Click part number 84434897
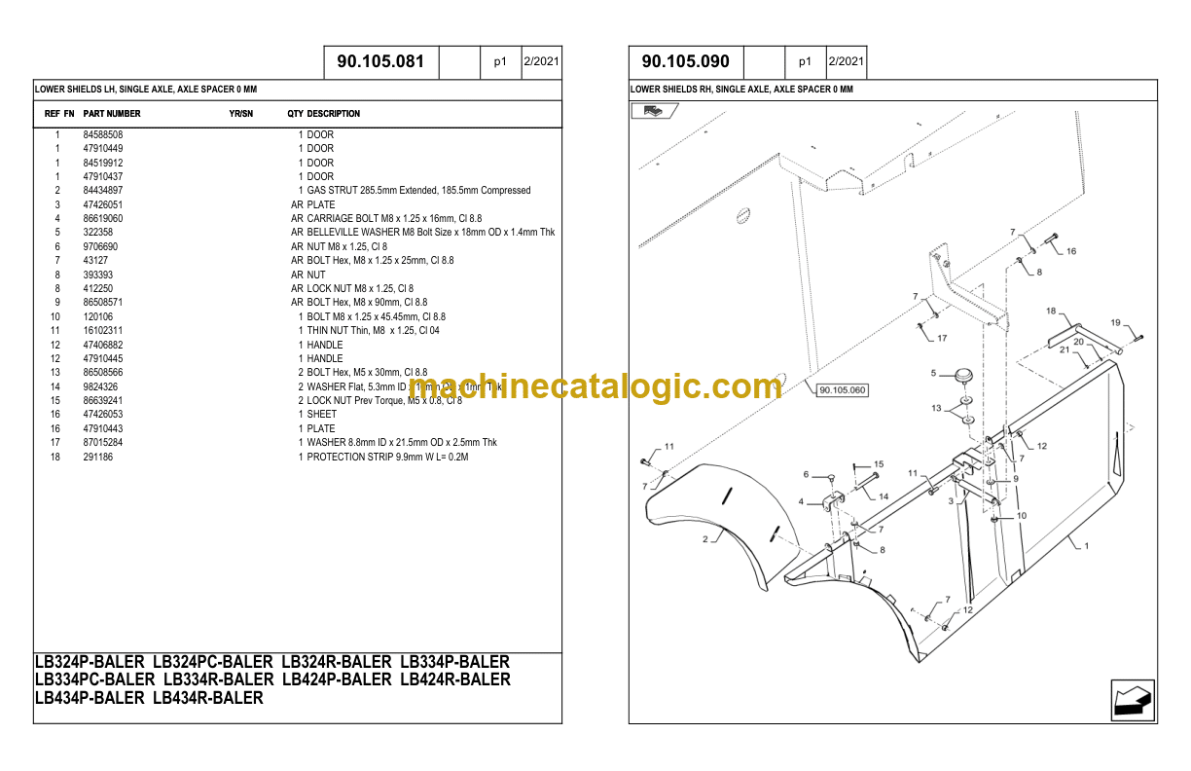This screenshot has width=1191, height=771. coord(103,191)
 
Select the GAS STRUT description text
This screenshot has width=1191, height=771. coord(418,191)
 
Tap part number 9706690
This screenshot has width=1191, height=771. coord(100,247)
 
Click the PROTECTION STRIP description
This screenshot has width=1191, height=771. coord(387,457)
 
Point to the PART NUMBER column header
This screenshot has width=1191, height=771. coord(112,114)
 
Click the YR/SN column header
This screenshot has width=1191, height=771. coord(241,114)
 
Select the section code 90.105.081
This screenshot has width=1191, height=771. coord(380,61)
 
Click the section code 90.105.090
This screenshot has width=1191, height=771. coord(686,61)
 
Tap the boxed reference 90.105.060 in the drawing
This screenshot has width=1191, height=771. coord(842,390)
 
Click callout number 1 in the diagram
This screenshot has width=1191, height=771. coord(1086,546)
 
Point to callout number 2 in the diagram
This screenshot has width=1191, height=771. coord(704,537)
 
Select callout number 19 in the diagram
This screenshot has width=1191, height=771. coord(1116,323)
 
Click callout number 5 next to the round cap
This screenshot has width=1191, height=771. coord(933,373)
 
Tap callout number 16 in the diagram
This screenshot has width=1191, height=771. coord(1071,251)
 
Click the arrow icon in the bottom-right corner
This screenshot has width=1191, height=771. coord(1133,700)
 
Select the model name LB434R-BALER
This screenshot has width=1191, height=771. coord(208,698)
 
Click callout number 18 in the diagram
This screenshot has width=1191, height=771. coord(1051,312)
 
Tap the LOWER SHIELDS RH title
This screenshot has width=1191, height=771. coord(741,90)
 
